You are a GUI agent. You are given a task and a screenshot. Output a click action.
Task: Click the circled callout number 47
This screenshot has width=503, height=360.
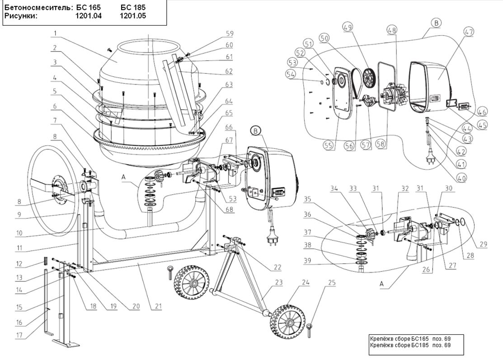click(468, 32)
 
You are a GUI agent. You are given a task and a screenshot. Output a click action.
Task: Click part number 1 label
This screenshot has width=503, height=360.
click(55, 33)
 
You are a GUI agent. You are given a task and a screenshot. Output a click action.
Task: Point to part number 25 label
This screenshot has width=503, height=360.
click(332, 283)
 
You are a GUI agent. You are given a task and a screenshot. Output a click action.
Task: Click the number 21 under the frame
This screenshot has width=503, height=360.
click(158, 306)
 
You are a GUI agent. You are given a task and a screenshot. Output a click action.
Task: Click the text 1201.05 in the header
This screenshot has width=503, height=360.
click(133, 16)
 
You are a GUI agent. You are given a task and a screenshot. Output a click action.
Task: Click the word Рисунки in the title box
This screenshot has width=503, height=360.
click(21, 16)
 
